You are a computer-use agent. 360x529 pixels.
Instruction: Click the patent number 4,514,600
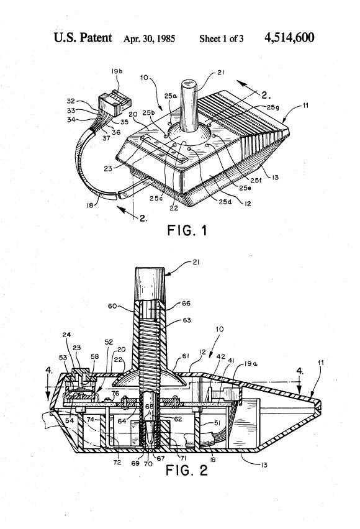289,38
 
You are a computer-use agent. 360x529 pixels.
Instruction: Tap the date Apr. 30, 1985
149,38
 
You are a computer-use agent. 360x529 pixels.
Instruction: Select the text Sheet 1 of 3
222,38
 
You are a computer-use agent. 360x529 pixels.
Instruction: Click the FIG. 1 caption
187,230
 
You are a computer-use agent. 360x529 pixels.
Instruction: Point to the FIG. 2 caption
187,470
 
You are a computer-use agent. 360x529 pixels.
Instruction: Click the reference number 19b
117,71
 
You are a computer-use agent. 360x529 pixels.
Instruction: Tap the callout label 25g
273,107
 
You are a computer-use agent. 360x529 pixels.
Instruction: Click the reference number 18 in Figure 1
90,205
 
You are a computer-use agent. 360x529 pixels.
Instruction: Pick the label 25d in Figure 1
224,201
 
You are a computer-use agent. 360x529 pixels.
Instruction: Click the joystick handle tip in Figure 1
189,83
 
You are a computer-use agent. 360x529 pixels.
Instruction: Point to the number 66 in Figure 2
186,303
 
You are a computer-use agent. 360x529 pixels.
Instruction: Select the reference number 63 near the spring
187,320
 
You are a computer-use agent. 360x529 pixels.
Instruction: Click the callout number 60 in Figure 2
112,306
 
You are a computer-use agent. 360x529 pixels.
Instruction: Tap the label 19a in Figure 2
250,364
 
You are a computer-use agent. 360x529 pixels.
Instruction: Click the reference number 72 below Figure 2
117,462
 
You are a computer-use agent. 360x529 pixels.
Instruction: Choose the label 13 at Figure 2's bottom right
264,465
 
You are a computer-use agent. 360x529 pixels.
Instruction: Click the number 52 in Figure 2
109,342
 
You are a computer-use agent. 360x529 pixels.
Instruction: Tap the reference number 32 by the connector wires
71,101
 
